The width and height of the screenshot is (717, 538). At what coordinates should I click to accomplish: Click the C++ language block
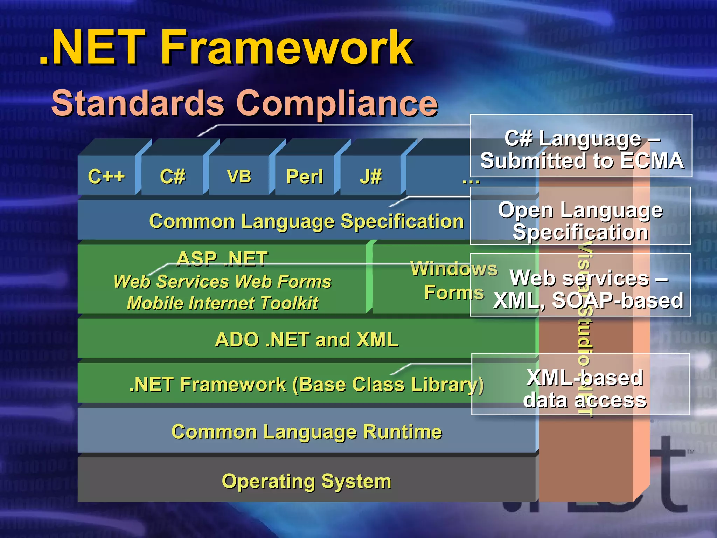click(106, 176)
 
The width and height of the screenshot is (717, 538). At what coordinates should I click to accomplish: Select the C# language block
click(172, 176)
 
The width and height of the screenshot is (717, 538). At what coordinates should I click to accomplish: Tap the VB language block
click(239, 176)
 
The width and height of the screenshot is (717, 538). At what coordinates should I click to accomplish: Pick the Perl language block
click(305, 176)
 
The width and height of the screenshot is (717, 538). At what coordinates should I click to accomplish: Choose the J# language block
click(370, 176)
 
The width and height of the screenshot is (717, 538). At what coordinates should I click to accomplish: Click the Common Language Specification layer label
click(306, 221)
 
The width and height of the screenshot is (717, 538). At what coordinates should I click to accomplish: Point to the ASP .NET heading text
click(222, 259)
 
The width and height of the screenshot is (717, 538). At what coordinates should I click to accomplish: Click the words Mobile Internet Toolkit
click(223, 303)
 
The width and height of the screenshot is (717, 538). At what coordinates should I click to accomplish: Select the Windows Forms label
click(454, 280)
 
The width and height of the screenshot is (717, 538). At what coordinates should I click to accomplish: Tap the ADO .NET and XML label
click(306, 339)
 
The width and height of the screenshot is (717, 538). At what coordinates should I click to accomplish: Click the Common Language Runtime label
click(306, 432)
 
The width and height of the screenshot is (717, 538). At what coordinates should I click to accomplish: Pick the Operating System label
click(306, 481)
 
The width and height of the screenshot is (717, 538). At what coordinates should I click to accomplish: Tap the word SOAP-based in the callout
click(618, 300)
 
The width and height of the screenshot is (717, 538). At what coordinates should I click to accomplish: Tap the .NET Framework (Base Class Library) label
click(306, 385)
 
